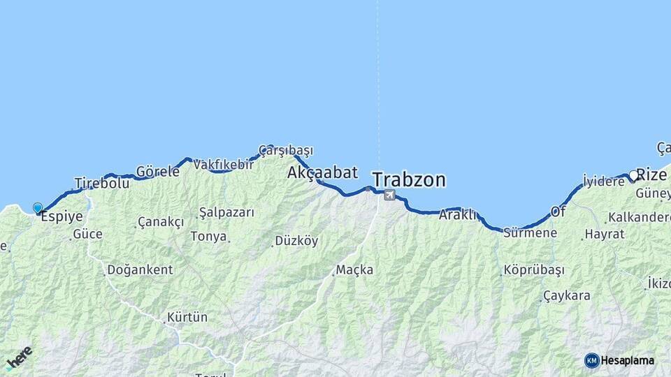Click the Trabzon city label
click(x=409, y=180)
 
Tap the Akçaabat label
click(x=322, y=172)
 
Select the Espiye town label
click(x=62, y=217)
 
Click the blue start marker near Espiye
click(x=38, y=207)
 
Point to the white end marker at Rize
click(x=633, y=175)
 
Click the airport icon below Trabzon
click(x=389, y=195)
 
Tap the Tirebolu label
click(x=102, y=183)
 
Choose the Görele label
click(x=157, y=171)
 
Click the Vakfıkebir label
click(x=223, y=165)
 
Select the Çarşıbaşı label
click(x=286, y=150)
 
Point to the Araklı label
click(x=457, y=215)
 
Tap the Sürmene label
click(x=531, y=232)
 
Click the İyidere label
click(x=603, y=180)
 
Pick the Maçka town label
click(x=354, y=269)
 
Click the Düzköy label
click(x=296, y=241)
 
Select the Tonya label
click(x=208, y=236)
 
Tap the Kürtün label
click(x=187, y=318)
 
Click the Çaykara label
click(x=566, y=295)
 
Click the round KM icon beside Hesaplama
click(x=591, y=360)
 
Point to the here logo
click(x=19, y=357)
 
